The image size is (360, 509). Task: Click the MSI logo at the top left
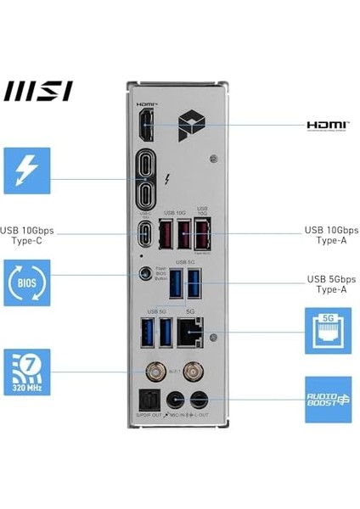coord(38,91)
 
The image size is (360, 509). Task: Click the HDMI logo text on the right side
coord(328,126)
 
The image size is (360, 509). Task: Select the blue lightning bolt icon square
coord(27,171)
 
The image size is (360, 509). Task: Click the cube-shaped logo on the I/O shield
coord(188,125)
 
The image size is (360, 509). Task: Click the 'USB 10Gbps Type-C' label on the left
coord(31,235)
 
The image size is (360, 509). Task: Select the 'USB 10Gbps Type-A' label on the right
coord(331,235)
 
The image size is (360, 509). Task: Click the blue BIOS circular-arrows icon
coord(27,282)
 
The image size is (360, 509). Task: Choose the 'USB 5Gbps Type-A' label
coord(331,284)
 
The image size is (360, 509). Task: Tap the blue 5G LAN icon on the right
coord(328,331)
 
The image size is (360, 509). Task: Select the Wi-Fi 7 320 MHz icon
coord(27,372)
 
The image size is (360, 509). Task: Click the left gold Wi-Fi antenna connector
coord(158,371)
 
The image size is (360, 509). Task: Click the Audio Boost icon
coord(328,399)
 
